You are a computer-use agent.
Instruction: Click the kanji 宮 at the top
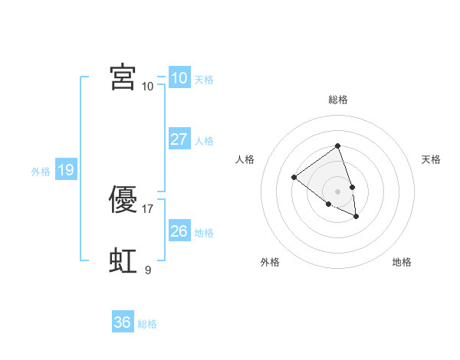click(123, 77)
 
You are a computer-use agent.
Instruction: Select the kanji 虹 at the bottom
click(123, 261)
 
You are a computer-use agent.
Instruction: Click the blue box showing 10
click(179, 78)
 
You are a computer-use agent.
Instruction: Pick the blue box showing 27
click(179, 139)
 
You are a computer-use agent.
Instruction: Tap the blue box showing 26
click(179, 231)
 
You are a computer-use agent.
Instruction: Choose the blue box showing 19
click(65, 170)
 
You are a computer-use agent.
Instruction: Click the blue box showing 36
click(122, 322)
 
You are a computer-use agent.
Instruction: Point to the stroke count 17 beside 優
click(148, 208)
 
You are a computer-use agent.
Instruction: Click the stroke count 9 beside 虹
click(148, 270)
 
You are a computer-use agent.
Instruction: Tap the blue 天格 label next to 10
click(204, 80)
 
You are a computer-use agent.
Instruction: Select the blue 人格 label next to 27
click(204, 141)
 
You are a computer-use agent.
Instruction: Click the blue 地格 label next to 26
click(204, 232)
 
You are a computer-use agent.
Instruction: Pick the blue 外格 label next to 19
click(41, 172)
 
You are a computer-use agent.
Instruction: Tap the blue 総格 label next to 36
click(147, 324)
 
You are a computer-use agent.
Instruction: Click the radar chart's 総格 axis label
click(337, 100)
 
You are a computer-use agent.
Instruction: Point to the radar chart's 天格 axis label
click(431, 159)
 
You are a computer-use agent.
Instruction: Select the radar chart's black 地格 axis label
click(402, 262)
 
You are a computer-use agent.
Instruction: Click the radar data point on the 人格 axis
click(294, 178)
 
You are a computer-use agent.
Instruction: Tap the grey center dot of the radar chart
click(337, 191)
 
